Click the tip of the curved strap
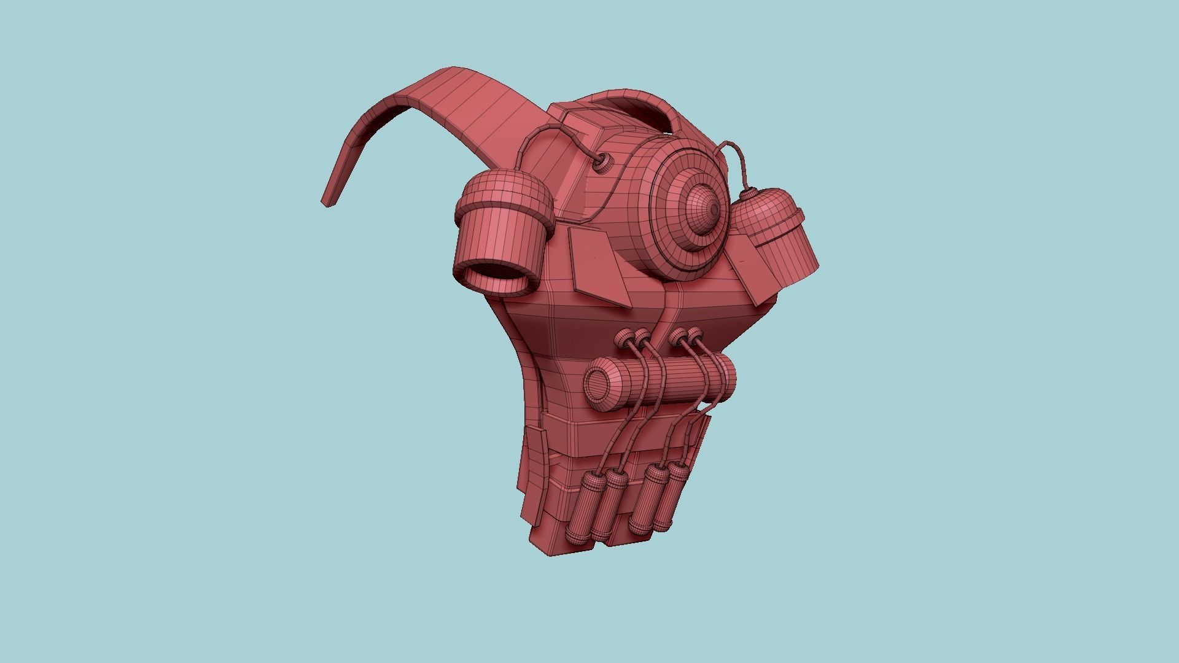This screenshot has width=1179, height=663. click(x=328, y=201)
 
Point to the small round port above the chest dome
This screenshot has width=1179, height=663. click(x=604, y=162)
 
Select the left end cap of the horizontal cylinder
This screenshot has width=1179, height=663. click(x=596, y=384)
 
